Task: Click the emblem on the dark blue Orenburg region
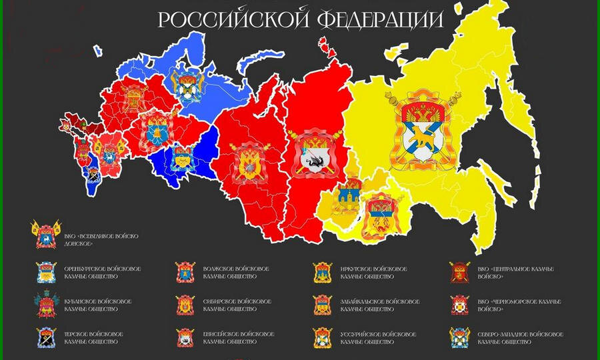(x=181, y=159)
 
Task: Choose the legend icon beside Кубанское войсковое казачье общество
(x=47, y=304)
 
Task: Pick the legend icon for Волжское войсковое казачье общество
(x=185, y=273)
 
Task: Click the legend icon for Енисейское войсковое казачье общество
(x=185, y=337)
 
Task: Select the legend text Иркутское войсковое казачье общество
(x=373, y=273)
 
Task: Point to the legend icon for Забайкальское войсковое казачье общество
(x=323, y=305)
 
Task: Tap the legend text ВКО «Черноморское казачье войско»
(x=519, y=305)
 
